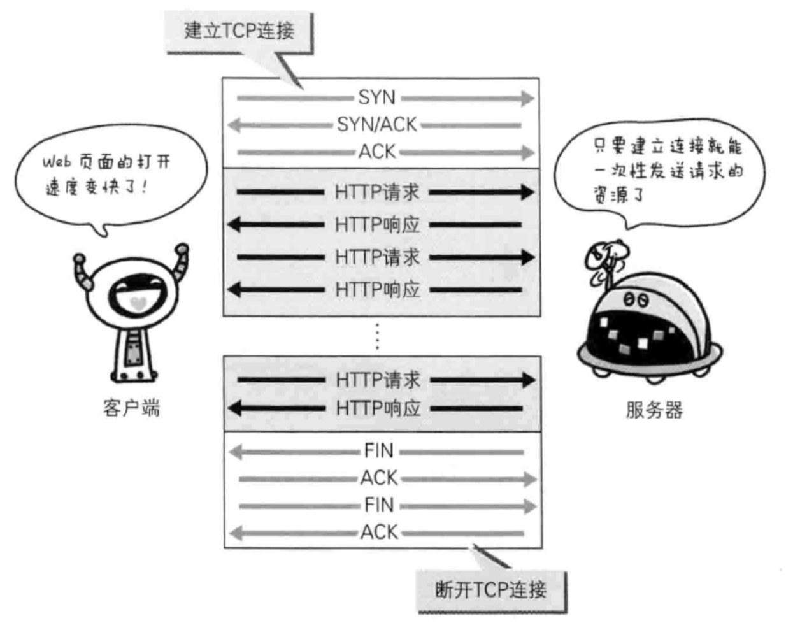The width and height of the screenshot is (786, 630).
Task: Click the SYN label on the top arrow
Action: click(x=376, y=97)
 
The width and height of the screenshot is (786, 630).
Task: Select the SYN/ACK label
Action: click(x=376, y=124)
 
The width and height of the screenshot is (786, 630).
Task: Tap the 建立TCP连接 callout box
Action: click(x=239, y=31)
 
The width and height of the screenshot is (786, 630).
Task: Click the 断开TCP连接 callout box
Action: click(x=491, y=589)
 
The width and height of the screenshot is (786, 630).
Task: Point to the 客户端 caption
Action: click(x=131, y=408)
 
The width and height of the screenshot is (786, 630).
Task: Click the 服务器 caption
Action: click(x=654, y=409)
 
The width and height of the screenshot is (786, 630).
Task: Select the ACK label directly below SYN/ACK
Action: click(x=376, y=152)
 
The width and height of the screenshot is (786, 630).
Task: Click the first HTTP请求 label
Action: click(x=377, y=192)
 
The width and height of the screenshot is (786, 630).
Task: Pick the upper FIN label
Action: click(x=378, y=451)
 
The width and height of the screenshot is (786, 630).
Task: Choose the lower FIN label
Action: click(x=378, y=505)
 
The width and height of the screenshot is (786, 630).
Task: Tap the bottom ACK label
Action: click(x=378, y=531)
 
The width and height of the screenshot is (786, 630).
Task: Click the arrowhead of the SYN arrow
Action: click(x=527, y=98)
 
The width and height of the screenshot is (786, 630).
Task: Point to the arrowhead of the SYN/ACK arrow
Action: click(x=234, y=125)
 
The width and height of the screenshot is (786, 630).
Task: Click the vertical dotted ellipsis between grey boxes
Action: click(x=377, y=336)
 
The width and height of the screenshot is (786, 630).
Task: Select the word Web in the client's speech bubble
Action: click(x=57, y=161)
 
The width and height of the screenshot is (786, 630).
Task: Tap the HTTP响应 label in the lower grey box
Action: click(x=378, y=408)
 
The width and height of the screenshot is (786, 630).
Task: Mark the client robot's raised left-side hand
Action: click(x=79, y=261)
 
